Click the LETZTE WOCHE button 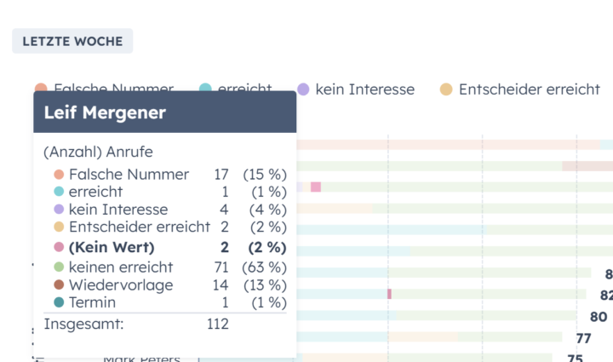(x=72, y=41)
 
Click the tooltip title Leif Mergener (x=105, y=112)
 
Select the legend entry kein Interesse (x=364, y=89)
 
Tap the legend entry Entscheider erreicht (x=529, y=89)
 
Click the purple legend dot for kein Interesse (x=303, y=89)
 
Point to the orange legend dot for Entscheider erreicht (x=446, y=89)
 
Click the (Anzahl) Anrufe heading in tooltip (x=98, y=152)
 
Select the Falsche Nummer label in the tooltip (x=129, y=175)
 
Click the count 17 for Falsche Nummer (x=221, y=175)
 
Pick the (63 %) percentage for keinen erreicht (x=265, y=267)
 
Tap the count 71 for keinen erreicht (x=221, y=267)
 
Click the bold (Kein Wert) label (x=112, y=248)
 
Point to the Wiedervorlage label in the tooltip (x=121, y=285)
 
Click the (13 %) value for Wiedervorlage (x=265, y=285)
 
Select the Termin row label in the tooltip (x=92, y=302)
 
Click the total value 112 (x=218, y=324)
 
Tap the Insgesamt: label (x=83, y=324)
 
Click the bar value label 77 (x=583, y=338)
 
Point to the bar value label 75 (x=575, y=359)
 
